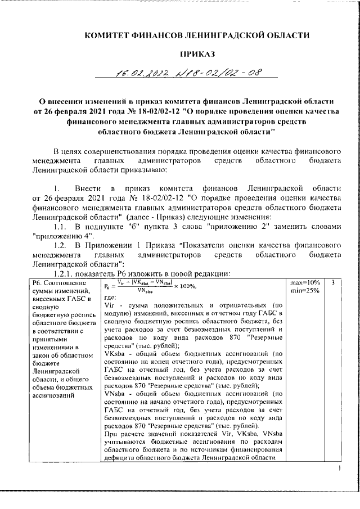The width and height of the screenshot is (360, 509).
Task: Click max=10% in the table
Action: point(306,282)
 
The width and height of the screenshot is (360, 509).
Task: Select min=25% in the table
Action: point(305,290)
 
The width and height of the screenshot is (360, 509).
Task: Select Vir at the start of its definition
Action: point(110,305)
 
